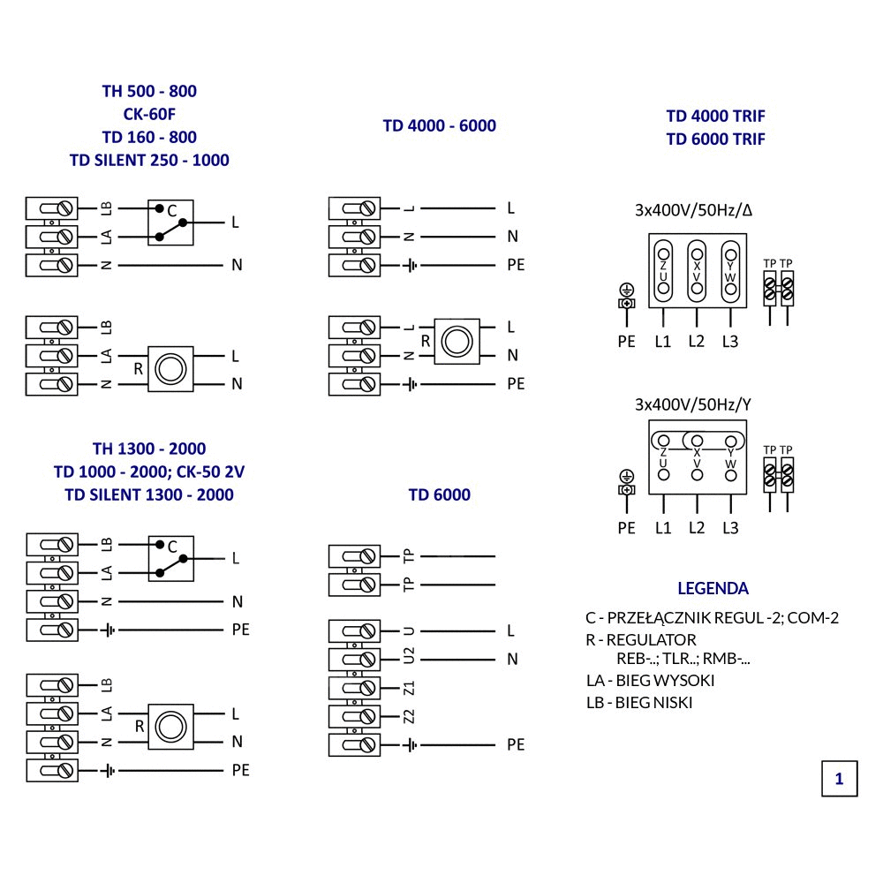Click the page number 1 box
tap(839, 778)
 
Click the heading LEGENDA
tap(713, 588)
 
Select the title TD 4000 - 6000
tap(439, 125)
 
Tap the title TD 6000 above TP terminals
tap(439, 494)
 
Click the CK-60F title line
tap(149, 114)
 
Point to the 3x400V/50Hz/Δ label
tap(693, 211)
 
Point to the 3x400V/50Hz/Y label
tap(693, 405)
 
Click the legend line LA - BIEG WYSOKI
tap(651, 680)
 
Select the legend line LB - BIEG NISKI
tap(639, 703)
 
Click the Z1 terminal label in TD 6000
tap(408, 687)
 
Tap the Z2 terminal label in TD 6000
tap(408, 715)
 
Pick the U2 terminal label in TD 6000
tap(408, 658)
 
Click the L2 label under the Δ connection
tap(697, 341)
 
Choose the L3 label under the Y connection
tap(729, 528)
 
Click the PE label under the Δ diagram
tap(626, 342)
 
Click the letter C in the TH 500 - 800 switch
tap(173, 210)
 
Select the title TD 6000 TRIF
tap(715, 139)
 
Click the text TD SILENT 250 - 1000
tap(149, 160)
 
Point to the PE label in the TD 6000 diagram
tap(516, 744)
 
